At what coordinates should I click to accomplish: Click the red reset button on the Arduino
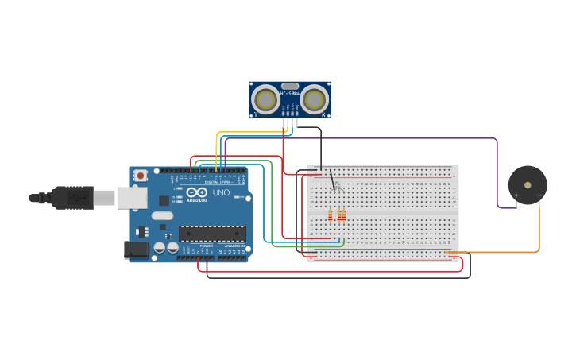click(x=141, y=176)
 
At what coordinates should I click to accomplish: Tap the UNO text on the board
click(x=221, y=193)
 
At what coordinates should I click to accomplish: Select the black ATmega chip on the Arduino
click(x=211, y=234)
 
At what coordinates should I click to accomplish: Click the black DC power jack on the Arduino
click(x=136, y=250)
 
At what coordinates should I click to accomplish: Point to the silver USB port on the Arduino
click(x=131, y=198)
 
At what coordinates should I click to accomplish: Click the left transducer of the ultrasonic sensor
click(x=265, y=99)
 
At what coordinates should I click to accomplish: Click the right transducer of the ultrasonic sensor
click(x=315, y=99)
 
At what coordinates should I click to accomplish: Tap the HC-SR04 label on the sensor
click(x=290, y=94)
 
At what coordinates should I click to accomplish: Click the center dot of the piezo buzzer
click(x=528, y=185)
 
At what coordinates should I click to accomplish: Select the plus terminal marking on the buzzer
click(x=516, y=195)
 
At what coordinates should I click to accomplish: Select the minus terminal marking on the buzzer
click(x=539, y=195)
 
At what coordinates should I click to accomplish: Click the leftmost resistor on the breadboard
click(x=331, y=215)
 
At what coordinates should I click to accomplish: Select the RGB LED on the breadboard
click(x=336, y=187)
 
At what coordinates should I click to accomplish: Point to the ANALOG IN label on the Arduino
click(x=232, y=246)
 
